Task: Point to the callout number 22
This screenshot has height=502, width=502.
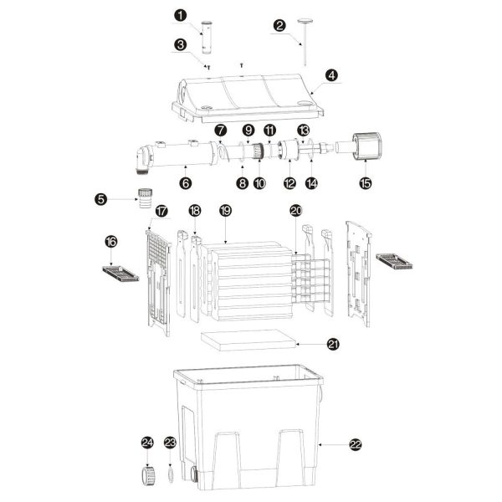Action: pyautogui.click(x=355, y=446)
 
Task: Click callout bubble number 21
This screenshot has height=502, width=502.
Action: pyautogui.click(x=333, y=344)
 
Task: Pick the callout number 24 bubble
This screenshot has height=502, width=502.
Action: pyautogui.click(x=147, y=442)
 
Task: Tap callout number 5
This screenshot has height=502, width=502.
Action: pyautogui.click(x=101, y=199)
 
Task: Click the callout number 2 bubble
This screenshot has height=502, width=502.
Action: pyautogui.click(x=279, y=25)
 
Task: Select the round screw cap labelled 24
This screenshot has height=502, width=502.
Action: pyautogui.click(x=146, y=475)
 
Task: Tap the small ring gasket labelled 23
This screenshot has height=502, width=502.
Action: pyautogui.click(x=170, y=474)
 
